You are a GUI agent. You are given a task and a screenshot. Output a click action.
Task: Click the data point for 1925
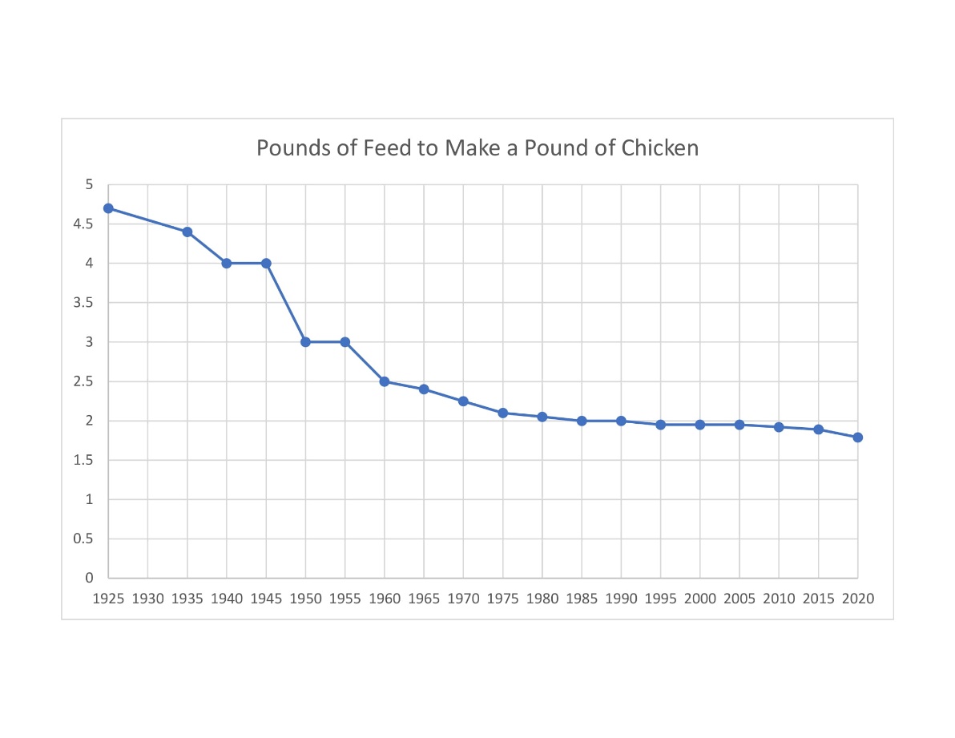pos(108,208)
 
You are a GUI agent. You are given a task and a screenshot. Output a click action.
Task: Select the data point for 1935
pos(187,232)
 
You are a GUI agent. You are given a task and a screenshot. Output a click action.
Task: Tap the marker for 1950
pos(305,342)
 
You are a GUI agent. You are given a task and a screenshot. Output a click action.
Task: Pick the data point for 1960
pos(385,381)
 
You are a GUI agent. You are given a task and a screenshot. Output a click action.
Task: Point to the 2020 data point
pos(857,438)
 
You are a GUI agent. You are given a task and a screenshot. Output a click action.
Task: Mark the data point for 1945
pos(266,263)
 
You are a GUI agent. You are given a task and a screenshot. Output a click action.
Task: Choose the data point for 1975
pos(502,413)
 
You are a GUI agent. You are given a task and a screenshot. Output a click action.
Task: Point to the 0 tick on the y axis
pos(90,578)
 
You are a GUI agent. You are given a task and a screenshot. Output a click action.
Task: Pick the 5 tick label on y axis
pos(90,185)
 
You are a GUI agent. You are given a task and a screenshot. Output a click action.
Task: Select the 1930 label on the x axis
pos(147,599)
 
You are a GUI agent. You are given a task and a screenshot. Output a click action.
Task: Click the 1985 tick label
pos(582,599)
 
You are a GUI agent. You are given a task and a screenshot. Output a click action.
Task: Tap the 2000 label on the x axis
pos(700,599)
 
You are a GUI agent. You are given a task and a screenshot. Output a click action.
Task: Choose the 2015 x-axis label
pos(818,599)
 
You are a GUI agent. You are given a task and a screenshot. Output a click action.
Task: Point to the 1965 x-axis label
pos(424,599)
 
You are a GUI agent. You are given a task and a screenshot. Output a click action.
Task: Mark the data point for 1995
pos(660,425)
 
